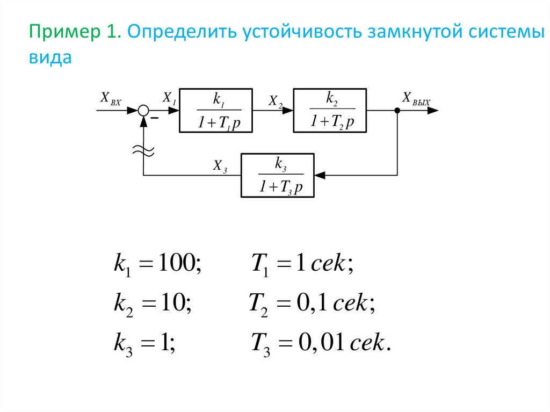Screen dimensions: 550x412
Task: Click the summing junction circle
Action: click(143, 111)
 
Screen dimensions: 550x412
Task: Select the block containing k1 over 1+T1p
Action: click(216, 111)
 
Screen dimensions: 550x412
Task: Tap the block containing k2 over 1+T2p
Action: click(330, 111)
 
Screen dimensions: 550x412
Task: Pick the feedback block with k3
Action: click(278, 176)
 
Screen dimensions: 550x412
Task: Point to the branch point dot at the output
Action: click(397, 111)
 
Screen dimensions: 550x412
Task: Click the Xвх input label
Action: click(111, 99)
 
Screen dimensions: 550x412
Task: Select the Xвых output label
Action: click(416, 99)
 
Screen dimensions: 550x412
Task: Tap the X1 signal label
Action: click(169, 98)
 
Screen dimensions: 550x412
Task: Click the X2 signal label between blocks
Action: click(276, 102)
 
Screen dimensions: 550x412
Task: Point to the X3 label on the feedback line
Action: click(220, 166)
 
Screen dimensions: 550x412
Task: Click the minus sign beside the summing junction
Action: click(154, 118)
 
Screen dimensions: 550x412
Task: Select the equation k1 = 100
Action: click(157, 264)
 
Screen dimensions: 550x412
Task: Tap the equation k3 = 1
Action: click(144, 344)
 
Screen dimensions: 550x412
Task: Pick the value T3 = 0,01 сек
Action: click(321, 344)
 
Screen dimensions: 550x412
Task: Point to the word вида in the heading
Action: click(50, 57)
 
